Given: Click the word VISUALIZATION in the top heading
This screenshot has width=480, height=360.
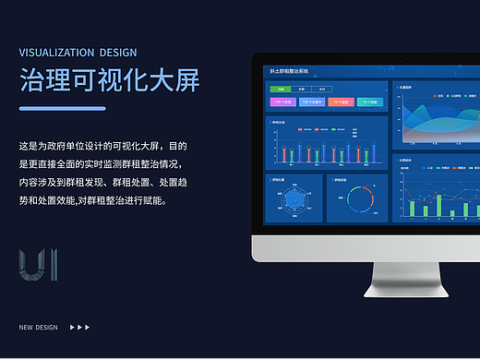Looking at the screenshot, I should pos(56,53).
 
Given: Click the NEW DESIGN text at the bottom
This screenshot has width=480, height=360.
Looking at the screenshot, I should pos(38,327).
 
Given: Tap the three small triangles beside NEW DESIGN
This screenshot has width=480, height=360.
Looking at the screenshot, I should pos(80,327).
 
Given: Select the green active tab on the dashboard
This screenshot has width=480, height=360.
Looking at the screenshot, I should pos(276,88).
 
